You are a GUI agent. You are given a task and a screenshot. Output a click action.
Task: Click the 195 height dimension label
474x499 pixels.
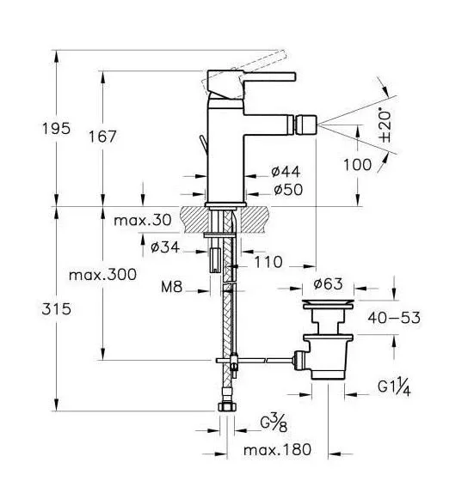coord(56,129)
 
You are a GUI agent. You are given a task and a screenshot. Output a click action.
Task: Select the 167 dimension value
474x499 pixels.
coord(102,137)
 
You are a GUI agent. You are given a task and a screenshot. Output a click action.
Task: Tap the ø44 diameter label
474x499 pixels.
coord(286,172)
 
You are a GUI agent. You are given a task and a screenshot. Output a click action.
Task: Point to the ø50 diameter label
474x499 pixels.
coord(288,190)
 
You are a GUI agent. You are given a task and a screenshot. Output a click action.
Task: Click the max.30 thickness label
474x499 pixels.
coord(143,220)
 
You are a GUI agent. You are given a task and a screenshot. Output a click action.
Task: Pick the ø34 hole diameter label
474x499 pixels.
coord(165,247)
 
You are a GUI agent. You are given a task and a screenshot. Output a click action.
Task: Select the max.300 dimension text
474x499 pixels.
coord(102,275)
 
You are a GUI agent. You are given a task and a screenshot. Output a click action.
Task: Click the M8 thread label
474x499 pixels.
coord(171,287)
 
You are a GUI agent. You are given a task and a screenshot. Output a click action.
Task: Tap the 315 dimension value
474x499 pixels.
coord(56,309)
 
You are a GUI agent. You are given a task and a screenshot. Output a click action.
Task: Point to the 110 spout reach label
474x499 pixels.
coord(268,262)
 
